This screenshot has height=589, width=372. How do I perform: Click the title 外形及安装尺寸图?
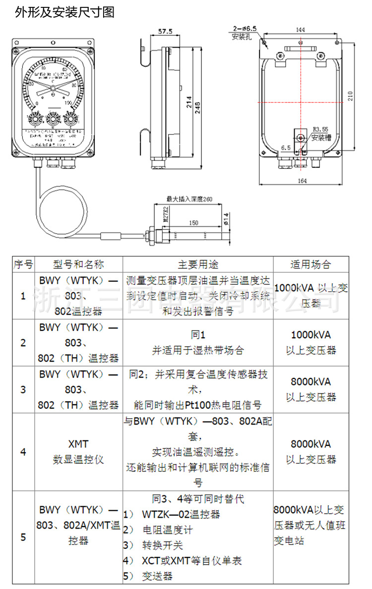tap(65, 12)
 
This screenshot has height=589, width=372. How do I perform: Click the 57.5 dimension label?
tap(165, 31)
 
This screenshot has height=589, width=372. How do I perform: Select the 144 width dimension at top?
tap(300, 30)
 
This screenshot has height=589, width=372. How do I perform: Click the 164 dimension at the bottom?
tap(302, 181)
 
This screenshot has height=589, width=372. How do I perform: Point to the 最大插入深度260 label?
tap(189, 199)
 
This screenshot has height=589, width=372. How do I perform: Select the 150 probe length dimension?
tap(193, 223)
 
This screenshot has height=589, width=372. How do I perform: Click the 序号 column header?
tap(23, 264)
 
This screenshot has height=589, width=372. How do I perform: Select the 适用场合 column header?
tap(310, 264)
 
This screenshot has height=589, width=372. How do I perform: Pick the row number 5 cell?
tap(23, 536)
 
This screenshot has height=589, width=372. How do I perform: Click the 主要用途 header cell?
tap(198, 264)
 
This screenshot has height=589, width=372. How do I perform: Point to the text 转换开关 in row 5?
tap(163, 545)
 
